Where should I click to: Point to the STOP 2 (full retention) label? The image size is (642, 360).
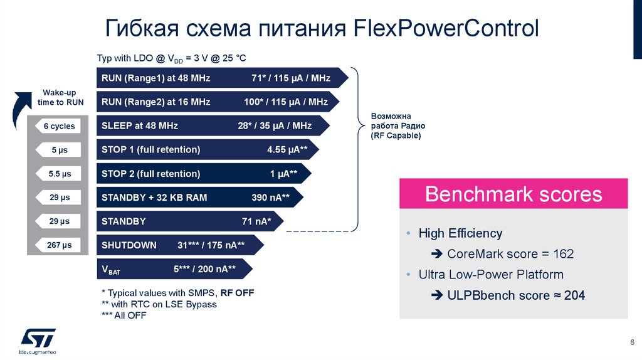[151, 174]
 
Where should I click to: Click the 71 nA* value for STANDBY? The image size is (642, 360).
[256, 221]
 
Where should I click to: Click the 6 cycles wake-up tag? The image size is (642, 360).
[59, 126]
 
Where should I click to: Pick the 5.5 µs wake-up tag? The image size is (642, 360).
[59, 174]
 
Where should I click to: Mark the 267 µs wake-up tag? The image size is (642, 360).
[59, 245]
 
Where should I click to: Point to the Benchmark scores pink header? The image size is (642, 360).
[513, 194]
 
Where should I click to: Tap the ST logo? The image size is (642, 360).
[38, 337]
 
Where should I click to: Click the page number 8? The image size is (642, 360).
[631, 342]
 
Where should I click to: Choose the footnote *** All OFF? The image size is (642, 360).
[124, 315]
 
